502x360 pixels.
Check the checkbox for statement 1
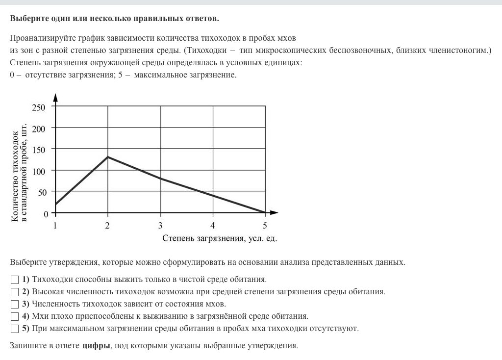(x=14, y=280)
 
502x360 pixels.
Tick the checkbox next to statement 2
(x=14, y=292)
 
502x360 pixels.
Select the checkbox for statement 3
(x=14, y=305)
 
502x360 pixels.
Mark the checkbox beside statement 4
(x=14, y=317)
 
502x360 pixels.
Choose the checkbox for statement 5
(x=14, y=329)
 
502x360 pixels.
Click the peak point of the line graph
(x=108, y=157)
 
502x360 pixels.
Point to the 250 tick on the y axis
(x=39, y=107)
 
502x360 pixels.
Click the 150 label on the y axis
(x=39, y=150)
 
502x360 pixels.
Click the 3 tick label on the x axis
(x=160, y=226)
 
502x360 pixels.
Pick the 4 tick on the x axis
(x=213, y=226)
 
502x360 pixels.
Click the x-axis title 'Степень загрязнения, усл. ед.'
(x=220, y=239)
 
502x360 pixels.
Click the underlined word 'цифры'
(x=96, y=346)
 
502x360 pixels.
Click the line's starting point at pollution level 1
(x=55, y=204)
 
